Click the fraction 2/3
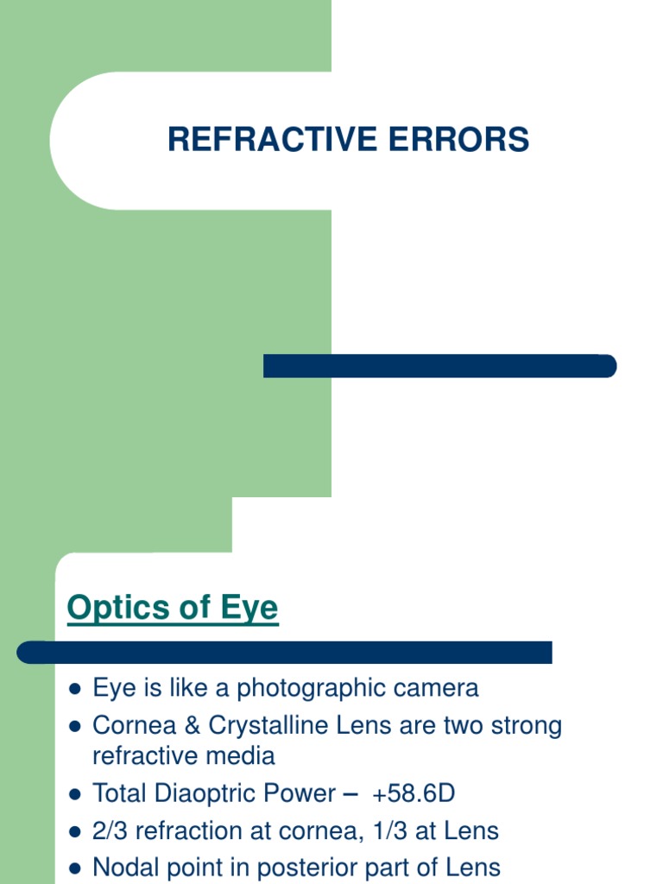click(x=110, y=831)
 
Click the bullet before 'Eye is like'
click(x=75, y=690)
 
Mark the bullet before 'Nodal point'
click(x=75, y=868)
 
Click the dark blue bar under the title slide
click(x=439, y=366)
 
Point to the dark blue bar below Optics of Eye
click(x=285, y=653)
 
